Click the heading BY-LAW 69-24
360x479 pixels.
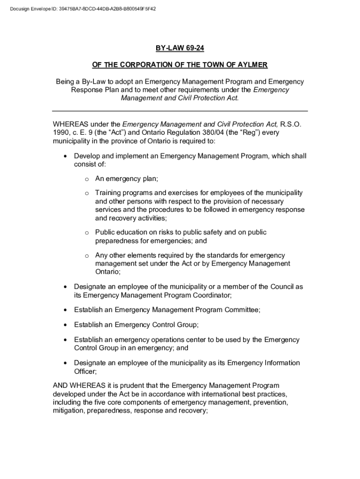coord(180,48)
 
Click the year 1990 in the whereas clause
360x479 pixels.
coord(61,133)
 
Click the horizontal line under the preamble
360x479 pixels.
coord(180,111)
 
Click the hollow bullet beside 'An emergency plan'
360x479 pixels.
coord(86,179)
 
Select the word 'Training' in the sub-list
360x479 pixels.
coord(108,193)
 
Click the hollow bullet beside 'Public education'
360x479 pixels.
coord(86,232)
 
